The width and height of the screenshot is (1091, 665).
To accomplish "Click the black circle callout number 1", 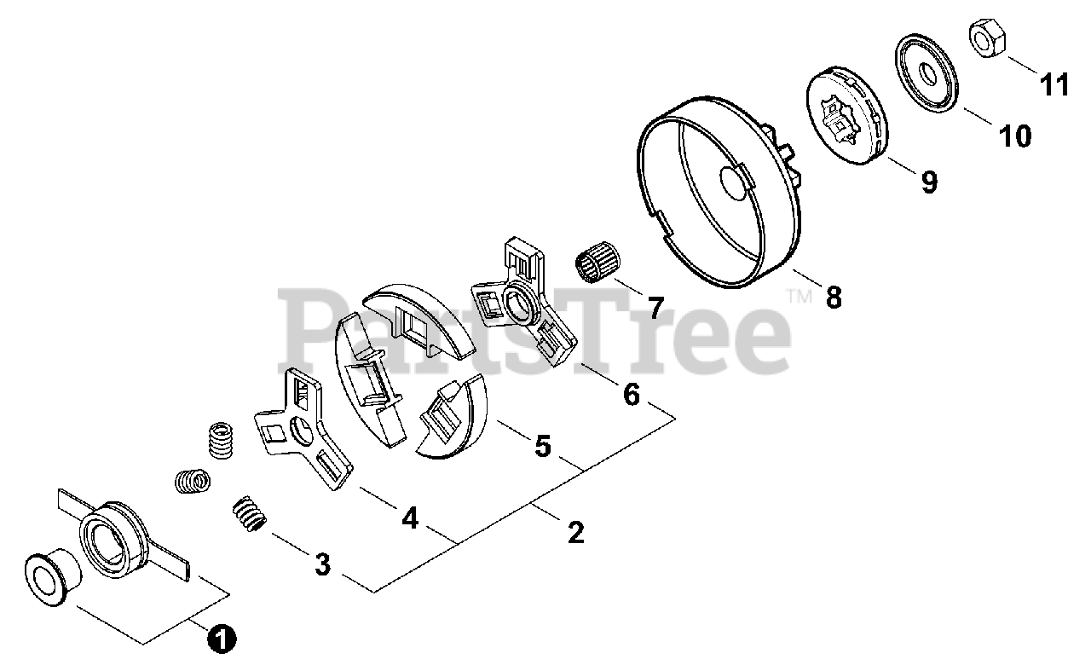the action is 222,638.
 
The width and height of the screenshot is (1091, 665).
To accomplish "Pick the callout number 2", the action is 575,532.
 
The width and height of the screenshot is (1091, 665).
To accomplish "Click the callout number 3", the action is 322,564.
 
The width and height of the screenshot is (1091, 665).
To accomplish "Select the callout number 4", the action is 410,518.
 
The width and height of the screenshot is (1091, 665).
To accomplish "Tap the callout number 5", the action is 542,446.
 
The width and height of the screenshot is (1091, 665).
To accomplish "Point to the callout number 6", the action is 631,393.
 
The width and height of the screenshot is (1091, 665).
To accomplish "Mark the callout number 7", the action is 655,307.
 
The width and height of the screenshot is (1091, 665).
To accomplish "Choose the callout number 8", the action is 833,298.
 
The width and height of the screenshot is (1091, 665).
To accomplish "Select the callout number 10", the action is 1014,136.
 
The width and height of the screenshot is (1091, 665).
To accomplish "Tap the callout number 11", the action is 1053,84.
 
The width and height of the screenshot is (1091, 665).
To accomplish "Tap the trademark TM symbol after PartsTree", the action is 799,297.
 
